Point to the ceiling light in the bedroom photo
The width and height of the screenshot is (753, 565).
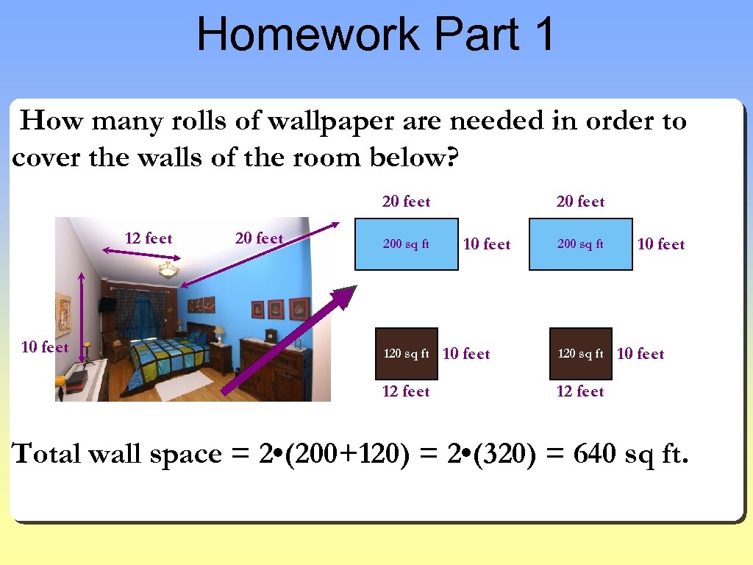coord(168,271)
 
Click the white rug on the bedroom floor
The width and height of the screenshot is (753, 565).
coord(184,385)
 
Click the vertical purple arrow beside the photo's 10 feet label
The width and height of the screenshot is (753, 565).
coord(82,316)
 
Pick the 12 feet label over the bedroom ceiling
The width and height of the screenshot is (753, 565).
coord(149,238)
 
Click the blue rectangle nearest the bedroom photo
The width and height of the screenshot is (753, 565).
coord(406,244)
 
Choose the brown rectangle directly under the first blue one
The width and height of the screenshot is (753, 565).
coord(406,354)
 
